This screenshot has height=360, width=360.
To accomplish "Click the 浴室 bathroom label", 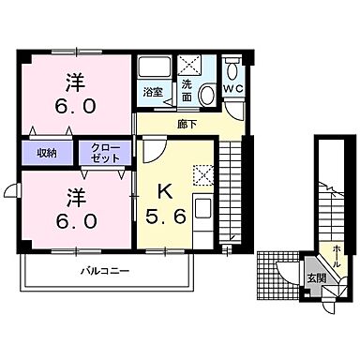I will (x=152, y=93).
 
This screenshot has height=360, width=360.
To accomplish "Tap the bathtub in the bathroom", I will (x=152, y=69).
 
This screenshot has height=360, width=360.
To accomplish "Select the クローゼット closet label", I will (x=104, y=152).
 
